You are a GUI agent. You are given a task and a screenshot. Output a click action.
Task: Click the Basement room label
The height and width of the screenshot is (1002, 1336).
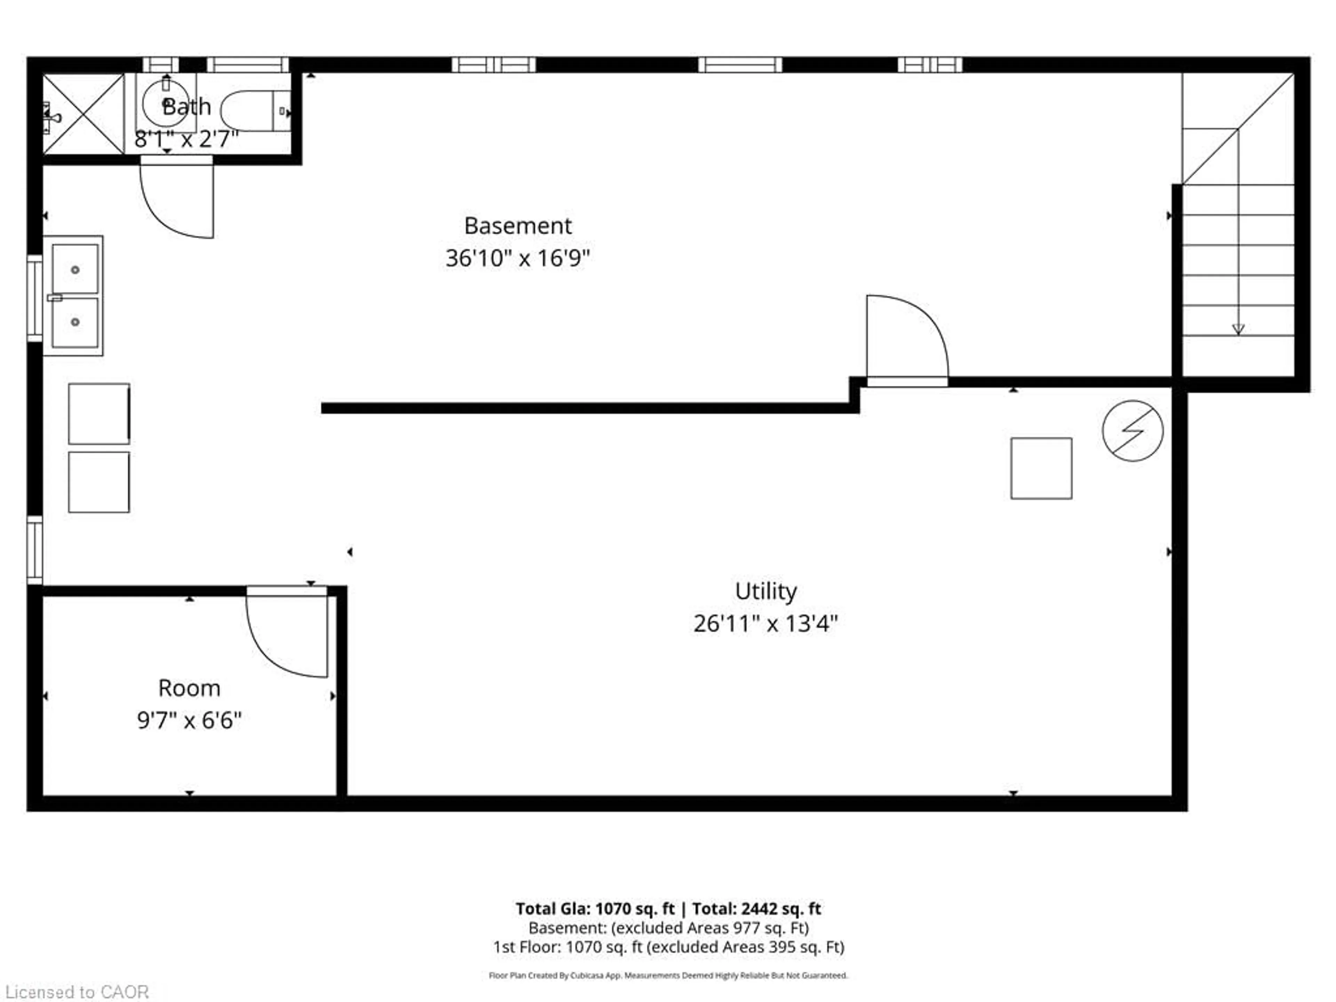point(518,226)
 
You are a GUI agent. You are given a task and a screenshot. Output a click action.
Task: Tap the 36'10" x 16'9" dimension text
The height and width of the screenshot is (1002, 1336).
point(518,259)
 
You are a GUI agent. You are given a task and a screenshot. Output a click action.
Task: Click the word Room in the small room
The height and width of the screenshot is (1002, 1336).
point(189,688)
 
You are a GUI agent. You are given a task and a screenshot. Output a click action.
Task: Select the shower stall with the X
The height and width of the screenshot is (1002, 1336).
point(83,113)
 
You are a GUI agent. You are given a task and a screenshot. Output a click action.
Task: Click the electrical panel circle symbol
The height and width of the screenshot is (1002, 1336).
point(1132,431)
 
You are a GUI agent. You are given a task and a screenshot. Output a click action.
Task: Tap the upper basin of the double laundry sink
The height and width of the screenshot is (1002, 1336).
point(75,269)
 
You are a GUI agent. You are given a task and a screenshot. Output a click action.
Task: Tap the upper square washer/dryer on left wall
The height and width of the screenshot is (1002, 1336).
point(98,414)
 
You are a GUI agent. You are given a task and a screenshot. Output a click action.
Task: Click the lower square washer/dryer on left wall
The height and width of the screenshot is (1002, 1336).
point(98,482)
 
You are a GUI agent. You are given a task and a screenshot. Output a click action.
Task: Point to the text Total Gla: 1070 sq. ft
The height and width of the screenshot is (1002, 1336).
point(595,908)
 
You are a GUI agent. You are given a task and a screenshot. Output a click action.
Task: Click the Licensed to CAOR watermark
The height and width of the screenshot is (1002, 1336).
point(77,992)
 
